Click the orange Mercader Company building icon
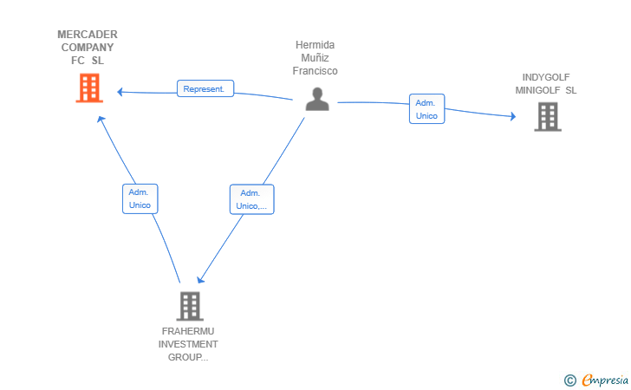tap(89, 88)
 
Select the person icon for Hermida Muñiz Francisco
tap(317, 99)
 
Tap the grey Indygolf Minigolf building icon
tap(548, 117)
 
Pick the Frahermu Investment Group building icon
tap(190, 306)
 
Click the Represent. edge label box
tap(205, 88)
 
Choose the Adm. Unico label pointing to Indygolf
tap(427, 108)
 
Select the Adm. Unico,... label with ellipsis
tap(252, 199)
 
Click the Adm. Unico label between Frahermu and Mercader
tap(140, 198)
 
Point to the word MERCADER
tap(88, 35)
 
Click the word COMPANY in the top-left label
tap(88, 48)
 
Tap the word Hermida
tap(315, 45)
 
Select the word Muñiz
tap(315, 58)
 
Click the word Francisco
tap(315, 71)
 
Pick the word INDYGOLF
tap(546, 77)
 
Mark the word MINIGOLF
tap(537, 90)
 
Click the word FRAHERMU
tap(188, 331)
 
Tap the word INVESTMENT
tap(188, 344)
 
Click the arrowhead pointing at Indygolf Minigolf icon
tap(513, 116)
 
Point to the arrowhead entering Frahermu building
tap(200, 279)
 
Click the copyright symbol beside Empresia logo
tap(569, 380)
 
